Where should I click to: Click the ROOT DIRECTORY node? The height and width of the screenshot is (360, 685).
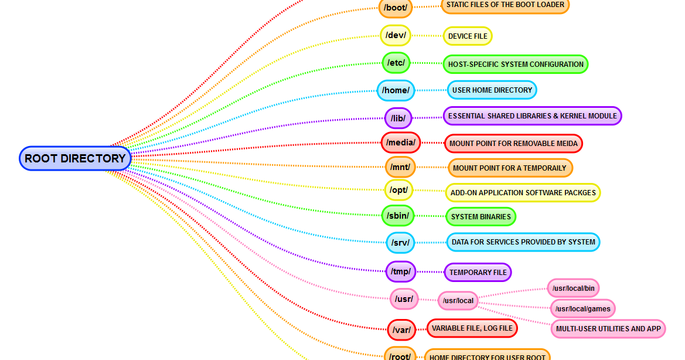click(75, 158)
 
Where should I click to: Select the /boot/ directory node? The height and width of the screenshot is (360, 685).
click(396, 8)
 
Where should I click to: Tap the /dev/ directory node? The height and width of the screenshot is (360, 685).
click(395, 35)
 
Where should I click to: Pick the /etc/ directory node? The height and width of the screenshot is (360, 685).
click(396, 62)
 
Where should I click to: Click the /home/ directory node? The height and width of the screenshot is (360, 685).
click(396, 90)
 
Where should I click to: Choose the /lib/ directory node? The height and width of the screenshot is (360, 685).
click(398, 118)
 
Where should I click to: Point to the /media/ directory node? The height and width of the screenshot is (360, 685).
click(401, 142)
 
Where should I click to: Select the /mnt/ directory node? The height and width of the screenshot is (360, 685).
click(400, 167)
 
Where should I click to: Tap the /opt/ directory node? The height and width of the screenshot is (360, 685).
click(399, 190)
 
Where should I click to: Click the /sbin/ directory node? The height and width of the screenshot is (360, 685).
click(398, 216)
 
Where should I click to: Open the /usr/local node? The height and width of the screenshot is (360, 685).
click(458, 301)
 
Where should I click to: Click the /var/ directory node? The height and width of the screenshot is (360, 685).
click(401, 330)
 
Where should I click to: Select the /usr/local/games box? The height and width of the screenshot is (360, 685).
click(583, 308)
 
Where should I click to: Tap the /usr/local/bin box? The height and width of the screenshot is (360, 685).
click(574, 288)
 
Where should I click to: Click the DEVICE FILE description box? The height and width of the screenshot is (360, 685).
click(468, 36)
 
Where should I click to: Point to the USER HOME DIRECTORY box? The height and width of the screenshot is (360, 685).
click(492, 90)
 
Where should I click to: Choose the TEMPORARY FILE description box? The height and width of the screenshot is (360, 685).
click(478, 272)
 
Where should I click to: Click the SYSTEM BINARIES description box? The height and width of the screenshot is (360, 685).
click(480, 216)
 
